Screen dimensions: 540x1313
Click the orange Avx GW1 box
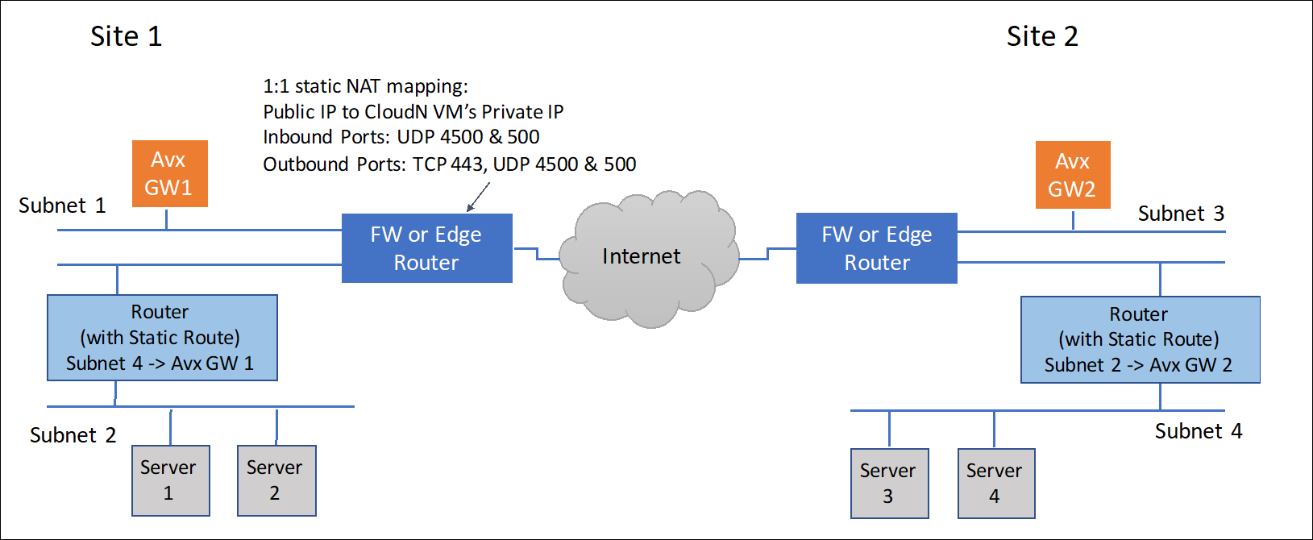[x=169, y=173]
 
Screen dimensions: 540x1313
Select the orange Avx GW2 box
[x=1072, y=175]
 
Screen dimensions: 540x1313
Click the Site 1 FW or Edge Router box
[x=426, y=248]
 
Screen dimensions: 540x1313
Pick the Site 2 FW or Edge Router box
[x=876, y=248]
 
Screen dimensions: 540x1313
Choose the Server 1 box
[x=170, y=480]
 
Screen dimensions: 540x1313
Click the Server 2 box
[x=276, y=480]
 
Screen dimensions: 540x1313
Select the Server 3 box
[x=889, y=483]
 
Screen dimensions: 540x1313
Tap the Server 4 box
[x=995, y=483]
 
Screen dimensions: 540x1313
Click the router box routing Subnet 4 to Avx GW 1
[x=162, y=338]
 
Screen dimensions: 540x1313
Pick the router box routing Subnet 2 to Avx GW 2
[x=1139, y=339]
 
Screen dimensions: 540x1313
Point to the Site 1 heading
[x=126, y=36]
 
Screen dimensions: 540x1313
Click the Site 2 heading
[x=1041, y=36]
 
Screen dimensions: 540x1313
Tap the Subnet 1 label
[x=62, y=206]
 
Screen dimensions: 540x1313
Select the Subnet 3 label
[x=1180, y=214]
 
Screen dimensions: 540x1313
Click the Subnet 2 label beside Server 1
[x=73, y=435]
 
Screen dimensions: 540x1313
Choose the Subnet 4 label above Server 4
[x=1198, y=431]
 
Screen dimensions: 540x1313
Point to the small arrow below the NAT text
[x=478, y=197]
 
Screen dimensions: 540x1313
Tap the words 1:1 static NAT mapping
[x=365, y=86]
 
